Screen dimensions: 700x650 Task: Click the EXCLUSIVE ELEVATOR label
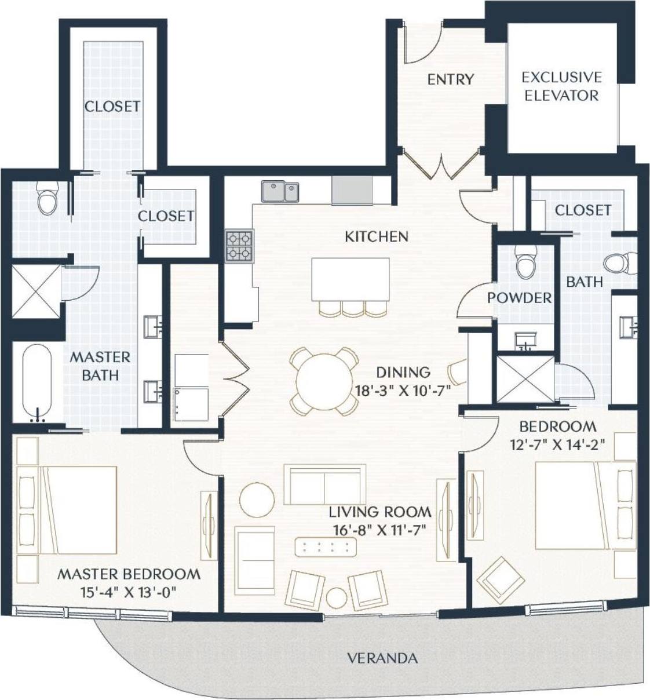coord(561,86)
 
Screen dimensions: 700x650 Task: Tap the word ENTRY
coord(450,79)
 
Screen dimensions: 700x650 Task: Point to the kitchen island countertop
coord(350,279)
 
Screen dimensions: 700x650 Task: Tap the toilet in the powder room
coord(527,263)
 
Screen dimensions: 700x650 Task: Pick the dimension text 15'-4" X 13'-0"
coord(129,592)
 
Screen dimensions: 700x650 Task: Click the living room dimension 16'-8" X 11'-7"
coord(379,530)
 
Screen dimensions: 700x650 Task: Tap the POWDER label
coord(519,298)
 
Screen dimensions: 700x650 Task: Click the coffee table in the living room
coord(326,546)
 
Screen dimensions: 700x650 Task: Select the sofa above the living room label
coord(324,484)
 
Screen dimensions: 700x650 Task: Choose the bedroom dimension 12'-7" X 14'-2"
coord(557,444)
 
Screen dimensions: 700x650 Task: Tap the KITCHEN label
coord(377,236)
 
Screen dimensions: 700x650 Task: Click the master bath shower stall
coord(36,291)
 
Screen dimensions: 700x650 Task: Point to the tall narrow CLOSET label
coord(112,107)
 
